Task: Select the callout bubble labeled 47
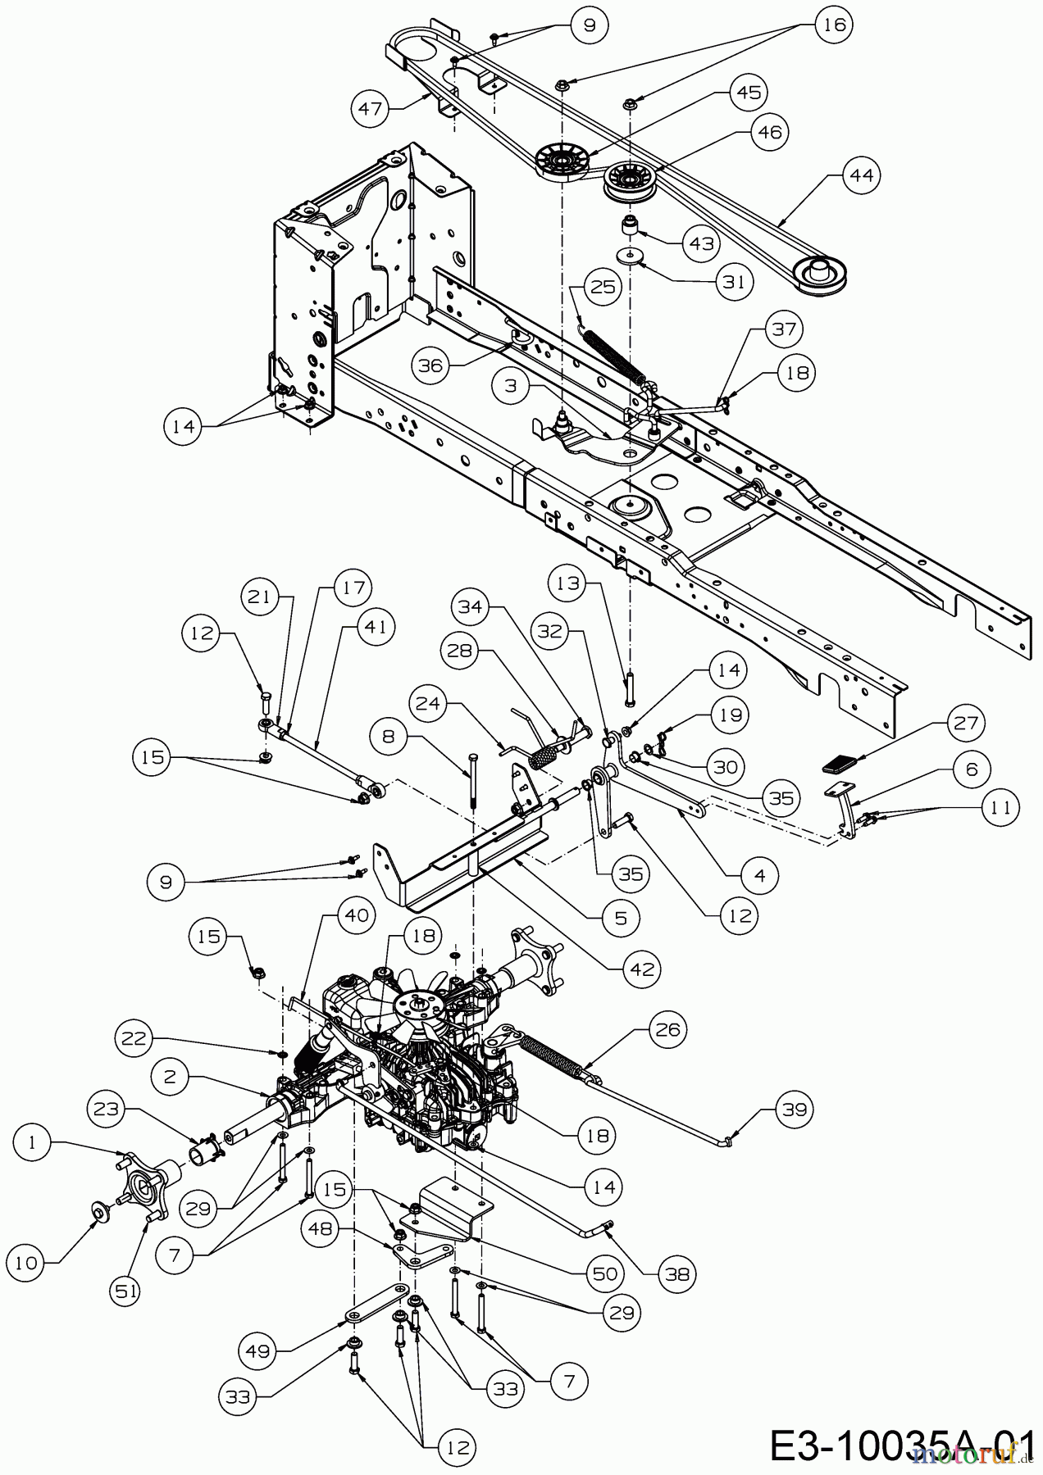click(371, 108)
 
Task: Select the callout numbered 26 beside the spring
click(668, 1028)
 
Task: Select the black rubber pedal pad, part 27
click(839, 767)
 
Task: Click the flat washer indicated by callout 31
click(631, 256)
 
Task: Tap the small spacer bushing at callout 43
click(631, 225)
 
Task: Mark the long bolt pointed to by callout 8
click(473, 779)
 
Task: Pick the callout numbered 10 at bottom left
click(27, 1263)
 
